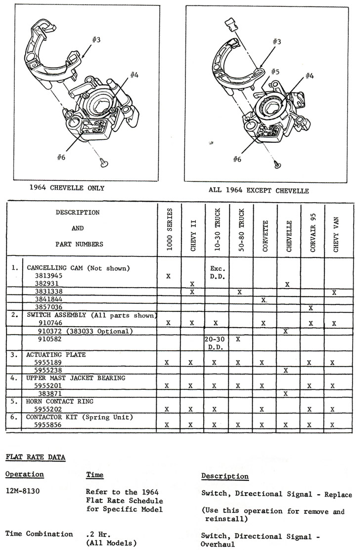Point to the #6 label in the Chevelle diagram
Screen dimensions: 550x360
(x=61, y=157)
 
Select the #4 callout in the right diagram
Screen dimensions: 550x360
(x=309, y=76)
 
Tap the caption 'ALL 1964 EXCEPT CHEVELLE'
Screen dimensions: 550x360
(x=259, y=191)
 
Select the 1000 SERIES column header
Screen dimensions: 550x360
(x=170, y=229)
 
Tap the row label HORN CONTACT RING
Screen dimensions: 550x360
(x=60, y=401)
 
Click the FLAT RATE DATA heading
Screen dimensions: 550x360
(x=35, y=458)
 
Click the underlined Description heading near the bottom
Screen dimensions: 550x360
(x=225, y=476)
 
